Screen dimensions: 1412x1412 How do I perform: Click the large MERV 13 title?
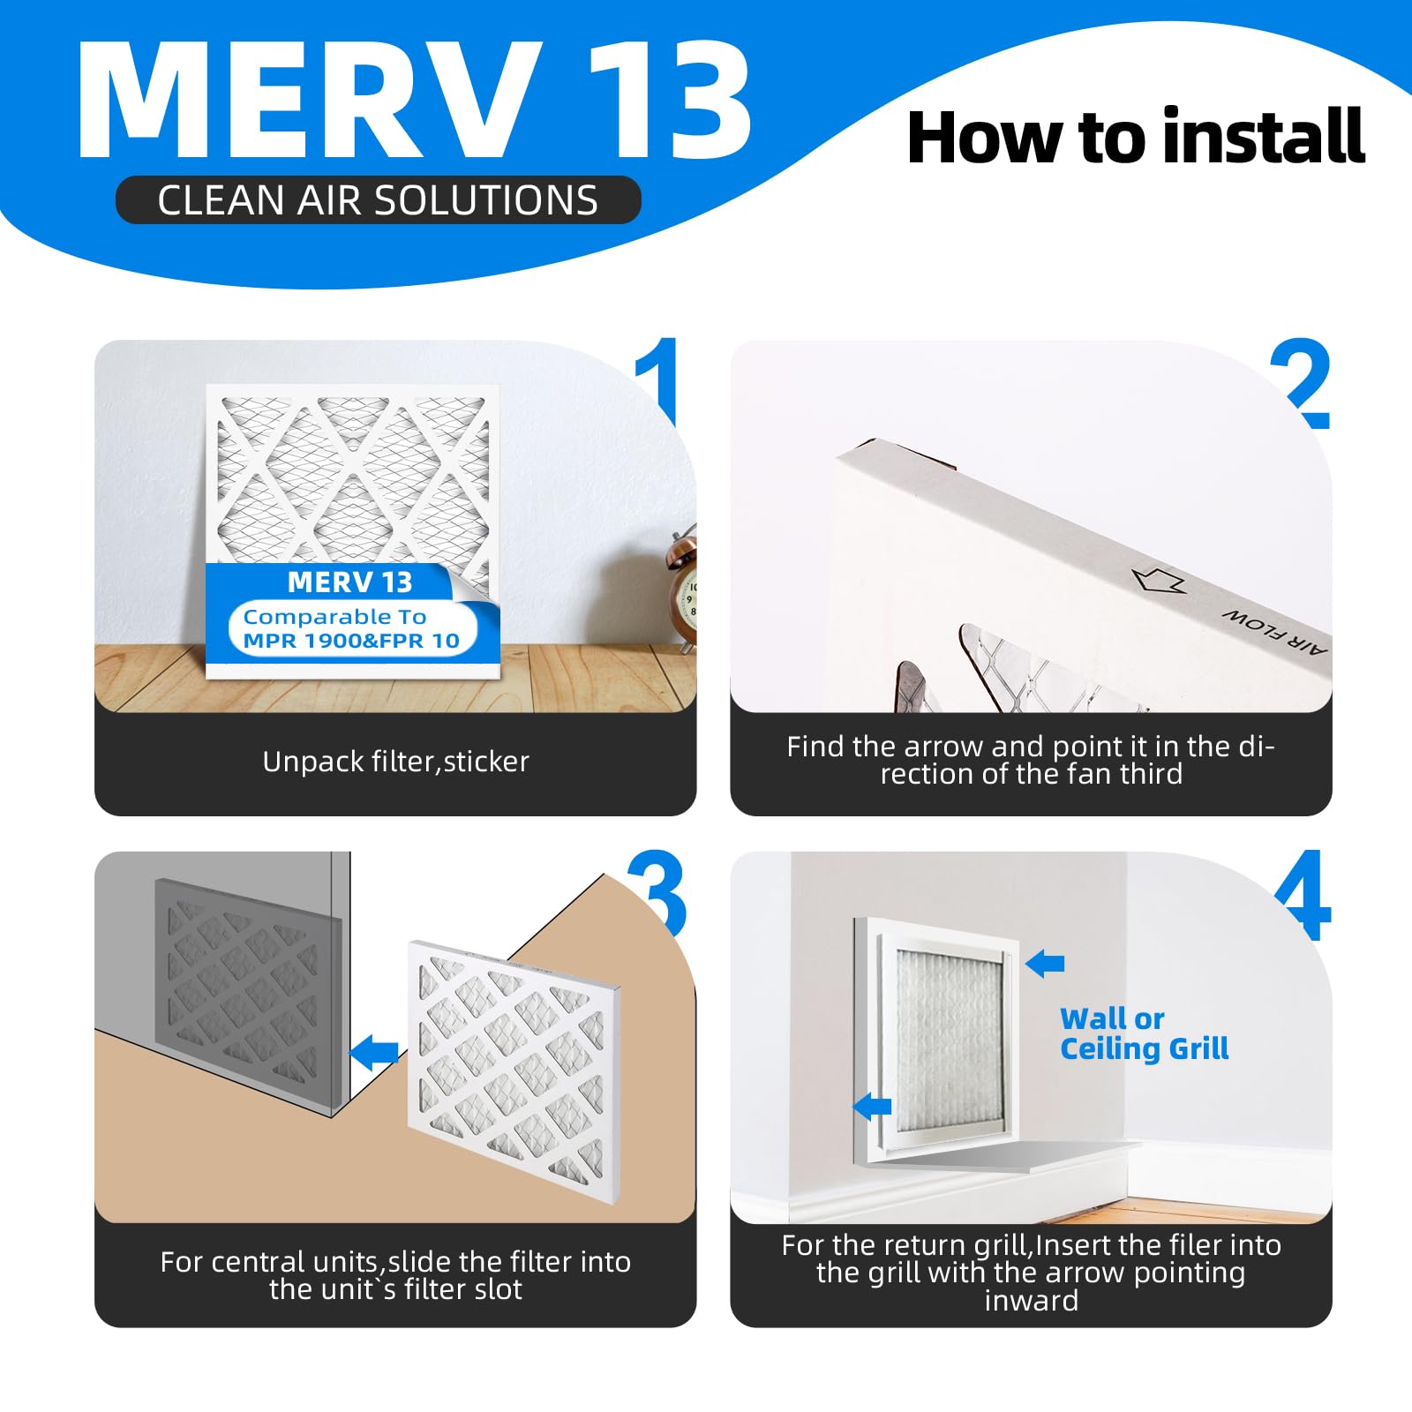[x=415, y=100]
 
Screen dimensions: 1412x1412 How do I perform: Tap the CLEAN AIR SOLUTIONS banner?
[x=378, y=200]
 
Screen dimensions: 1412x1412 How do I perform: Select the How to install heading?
[x=1136, y=137]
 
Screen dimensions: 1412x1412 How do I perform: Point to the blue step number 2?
[x=1301, y=383]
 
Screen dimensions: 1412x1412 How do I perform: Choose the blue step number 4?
[x=1303, y=895]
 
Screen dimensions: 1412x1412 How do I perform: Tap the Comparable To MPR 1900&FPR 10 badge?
[x=352, y=628]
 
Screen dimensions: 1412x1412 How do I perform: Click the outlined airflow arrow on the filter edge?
[x=1159, y=580]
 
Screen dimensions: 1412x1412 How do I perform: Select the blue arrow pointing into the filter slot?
[x=374, y=1053]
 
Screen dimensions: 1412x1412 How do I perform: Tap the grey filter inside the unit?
[x=247, y=993]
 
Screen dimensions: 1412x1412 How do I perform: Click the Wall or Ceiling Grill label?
[x=1144, y=1033]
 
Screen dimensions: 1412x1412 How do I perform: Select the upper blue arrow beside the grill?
[x=1045, y=963]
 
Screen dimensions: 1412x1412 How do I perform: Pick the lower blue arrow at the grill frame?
[x=873, y=1105]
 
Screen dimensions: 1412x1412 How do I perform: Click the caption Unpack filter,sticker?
[x=395, y=762]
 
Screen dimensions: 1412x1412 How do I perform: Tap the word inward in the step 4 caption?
[x=1031, y=1301]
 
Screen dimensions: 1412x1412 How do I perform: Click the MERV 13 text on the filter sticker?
[x=349, y=582]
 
